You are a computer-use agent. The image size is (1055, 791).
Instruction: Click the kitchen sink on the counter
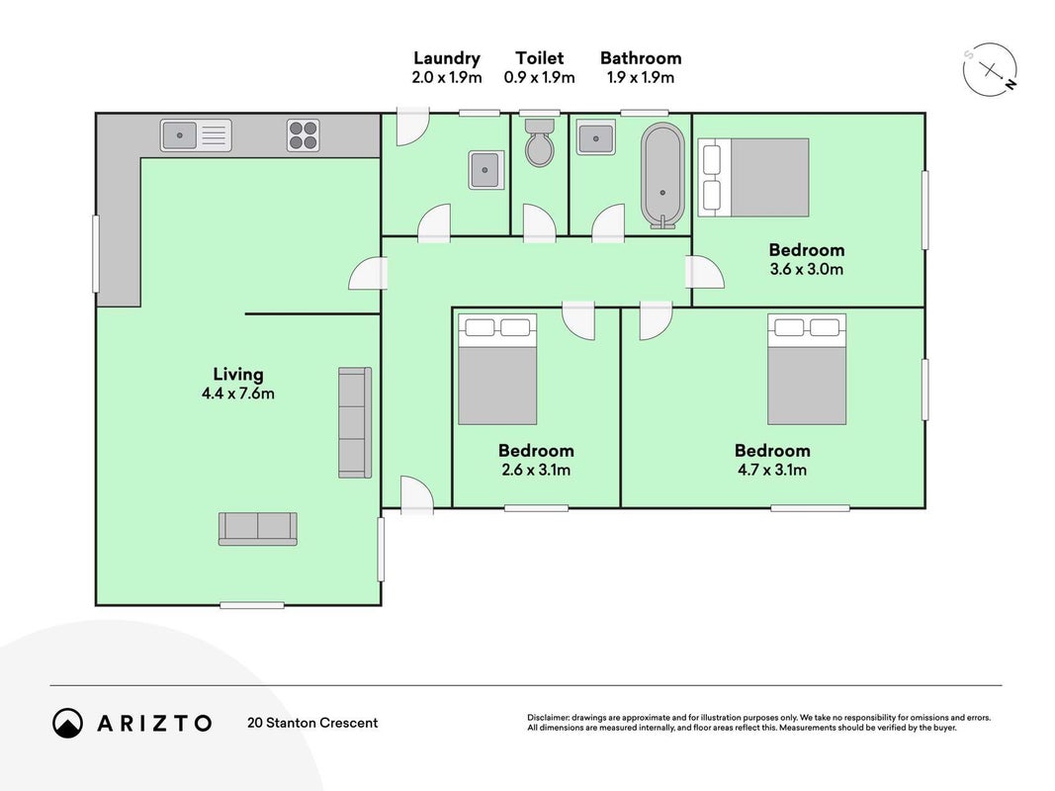196,135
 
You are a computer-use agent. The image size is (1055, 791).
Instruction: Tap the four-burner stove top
303,135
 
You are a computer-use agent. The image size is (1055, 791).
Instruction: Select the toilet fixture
539,142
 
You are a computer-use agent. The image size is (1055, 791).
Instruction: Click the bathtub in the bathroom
662,176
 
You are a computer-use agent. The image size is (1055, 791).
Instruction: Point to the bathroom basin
595,137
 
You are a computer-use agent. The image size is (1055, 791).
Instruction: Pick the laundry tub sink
486,170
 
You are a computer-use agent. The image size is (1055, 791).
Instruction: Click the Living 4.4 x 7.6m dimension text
238,394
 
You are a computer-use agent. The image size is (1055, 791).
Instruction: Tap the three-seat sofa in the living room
355,422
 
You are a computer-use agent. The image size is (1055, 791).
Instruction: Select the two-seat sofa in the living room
258,529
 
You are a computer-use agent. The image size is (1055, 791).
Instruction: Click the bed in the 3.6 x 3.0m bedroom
753,178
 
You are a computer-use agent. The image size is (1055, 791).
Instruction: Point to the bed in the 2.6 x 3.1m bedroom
498,369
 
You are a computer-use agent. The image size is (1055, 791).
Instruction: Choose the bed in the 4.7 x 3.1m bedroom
807,369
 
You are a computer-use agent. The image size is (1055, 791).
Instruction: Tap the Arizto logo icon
68,723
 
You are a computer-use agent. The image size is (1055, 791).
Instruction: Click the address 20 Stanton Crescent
312,723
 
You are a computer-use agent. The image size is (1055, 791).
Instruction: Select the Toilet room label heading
540,58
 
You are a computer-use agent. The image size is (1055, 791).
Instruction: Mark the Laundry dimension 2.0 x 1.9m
447,77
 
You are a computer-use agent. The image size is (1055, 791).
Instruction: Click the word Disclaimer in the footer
549,718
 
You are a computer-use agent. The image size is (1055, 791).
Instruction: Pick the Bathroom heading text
641,58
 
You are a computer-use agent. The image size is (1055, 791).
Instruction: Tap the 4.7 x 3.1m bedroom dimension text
772,471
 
